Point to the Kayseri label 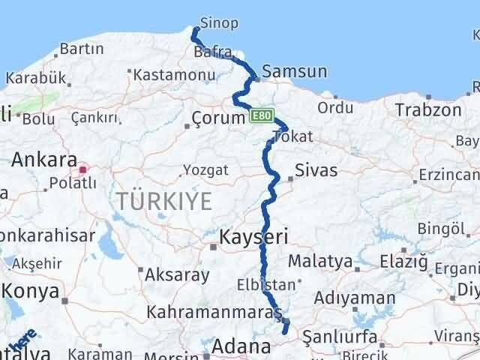253,238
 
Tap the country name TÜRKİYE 164,201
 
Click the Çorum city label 218,118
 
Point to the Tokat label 293,136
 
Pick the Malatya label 320,261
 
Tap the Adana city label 241,346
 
